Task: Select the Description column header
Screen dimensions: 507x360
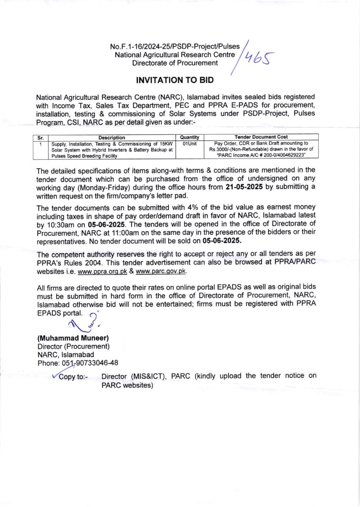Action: (x=112, y=137)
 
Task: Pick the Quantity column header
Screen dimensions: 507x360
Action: (x=189, y=137)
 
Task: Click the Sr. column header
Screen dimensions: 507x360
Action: (x=41, y=137)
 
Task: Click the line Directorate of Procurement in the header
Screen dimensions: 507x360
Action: (x=175, y=63)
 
